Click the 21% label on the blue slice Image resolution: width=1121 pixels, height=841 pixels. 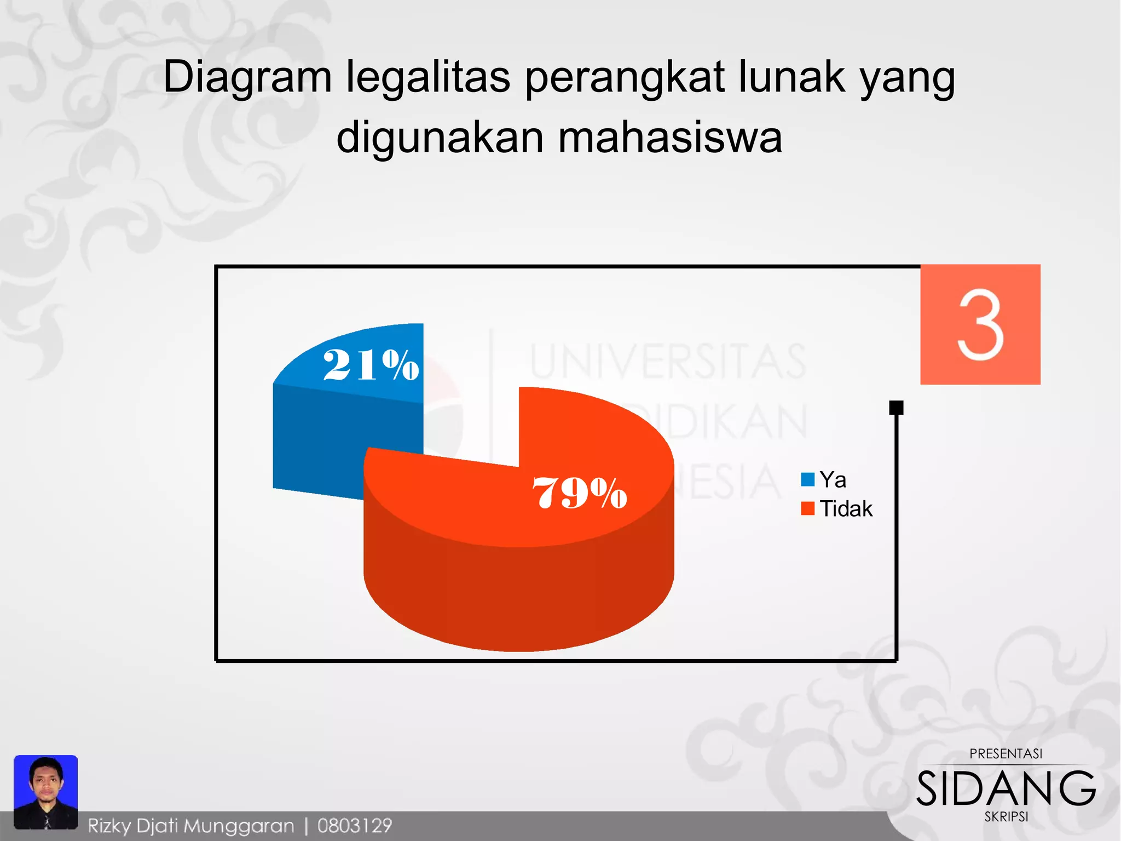(x=371, y=365)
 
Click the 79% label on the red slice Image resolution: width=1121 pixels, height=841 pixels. (x=579, y=493)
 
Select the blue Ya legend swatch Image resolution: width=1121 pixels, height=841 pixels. (x=807, y=480)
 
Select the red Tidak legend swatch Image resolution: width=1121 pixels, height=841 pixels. (x=807, y=508)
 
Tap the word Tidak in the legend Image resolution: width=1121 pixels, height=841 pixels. (x=846, y=509)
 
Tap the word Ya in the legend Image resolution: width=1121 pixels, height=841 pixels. (x=833, y=480)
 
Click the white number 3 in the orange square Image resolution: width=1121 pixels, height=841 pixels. (x=980, y=325)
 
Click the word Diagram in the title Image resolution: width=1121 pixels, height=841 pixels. (x=247, y=77)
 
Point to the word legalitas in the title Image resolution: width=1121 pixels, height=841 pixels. (x=429, y=77)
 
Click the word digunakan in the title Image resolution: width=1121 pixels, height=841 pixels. (x=440, y=138)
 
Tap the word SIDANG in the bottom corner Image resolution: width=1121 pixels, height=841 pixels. (x=1006, y=789)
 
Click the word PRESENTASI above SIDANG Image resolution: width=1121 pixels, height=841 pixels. (x=1006, y=754)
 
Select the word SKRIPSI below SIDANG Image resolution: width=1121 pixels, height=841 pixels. (x=1006, y=817)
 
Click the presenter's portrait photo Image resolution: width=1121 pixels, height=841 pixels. (x=46, y=791)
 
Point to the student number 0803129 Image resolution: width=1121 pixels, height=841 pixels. (x=355, y=826)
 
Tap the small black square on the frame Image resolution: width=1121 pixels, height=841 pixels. (x=896, y=408)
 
